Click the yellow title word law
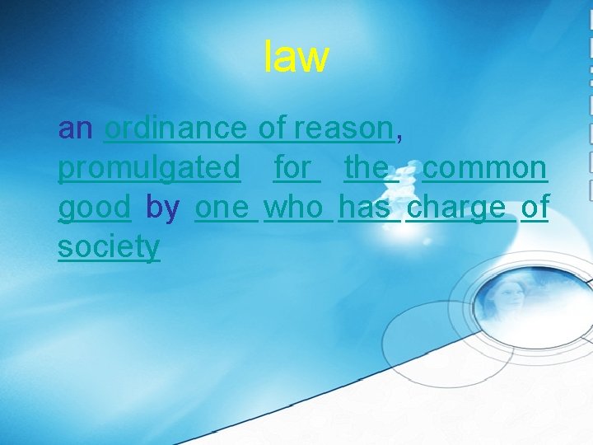[296, 57]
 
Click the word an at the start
[76, 129]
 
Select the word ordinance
[175, 129]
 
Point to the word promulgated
[149, 168]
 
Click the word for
[293, 168]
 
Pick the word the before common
[367, 168]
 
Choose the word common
[484, 168]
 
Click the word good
[94, 208]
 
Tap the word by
[162, 208]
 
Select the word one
[222, 208]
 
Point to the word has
[365, 208]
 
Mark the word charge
[456, 208]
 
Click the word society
[109, 247]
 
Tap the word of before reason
[273, 129]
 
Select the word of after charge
[535, 208]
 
